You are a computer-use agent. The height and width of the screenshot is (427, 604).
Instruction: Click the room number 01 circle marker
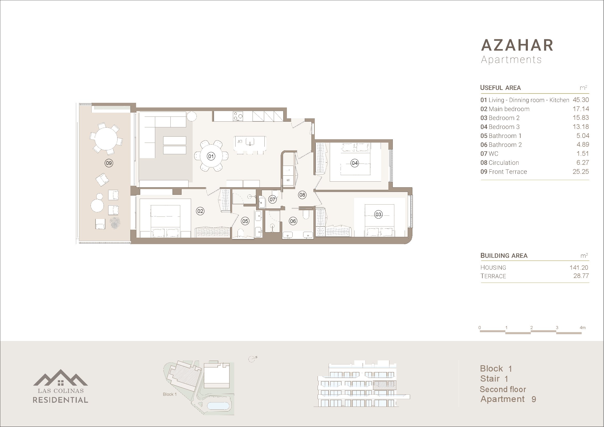click(x=211, y=156)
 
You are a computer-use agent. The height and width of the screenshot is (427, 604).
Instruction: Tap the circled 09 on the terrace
click(x=109, y=163)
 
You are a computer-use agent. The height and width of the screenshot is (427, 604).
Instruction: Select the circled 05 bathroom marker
click(x=245, y=221)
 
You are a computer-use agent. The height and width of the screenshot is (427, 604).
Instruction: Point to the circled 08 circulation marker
click(x=302, y=195)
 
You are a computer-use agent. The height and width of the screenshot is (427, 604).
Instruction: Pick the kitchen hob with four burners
click(x=238, y=116)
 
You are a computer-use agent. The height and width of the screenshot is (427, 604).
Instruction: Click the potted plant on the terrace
click(x=115, y=223)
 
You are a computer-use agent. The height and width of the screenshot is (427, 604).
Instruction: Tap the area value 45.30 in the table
click(x=581, y=100)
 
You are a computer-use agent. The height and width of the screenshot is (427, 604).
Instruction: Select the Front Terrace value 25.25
click(x=581, y=172)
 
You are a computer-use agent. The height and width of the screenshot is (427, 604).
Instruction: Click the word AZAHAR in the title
click(x=517, y=45)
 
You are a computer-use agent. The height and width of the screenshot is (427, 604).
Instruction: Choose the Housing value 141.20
click(x=579, y=268)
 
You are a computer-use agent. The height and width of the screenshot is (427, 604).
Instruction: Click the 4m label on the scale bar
click(x=582, y=328)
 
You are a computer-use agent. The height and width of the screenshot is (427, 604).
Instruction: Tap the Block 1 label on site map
click(x=170, y=394)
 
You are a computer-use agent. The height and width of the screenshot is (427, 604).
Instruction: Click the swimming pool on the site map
click(x=218, y=406)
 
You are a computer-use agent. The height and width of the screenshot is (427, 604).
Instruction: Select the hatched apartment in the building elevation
click(x=385, y=385)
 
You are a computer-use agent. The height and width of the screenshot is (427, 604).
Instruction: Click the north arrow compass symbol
click(x=252, y=359)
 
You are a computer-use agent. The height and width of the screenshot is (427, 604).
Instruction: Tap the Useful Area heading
click(x=500, y=88)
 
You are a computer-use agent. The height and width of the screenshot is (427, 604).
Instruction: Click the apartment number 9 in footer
click(x=534, y=399)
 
